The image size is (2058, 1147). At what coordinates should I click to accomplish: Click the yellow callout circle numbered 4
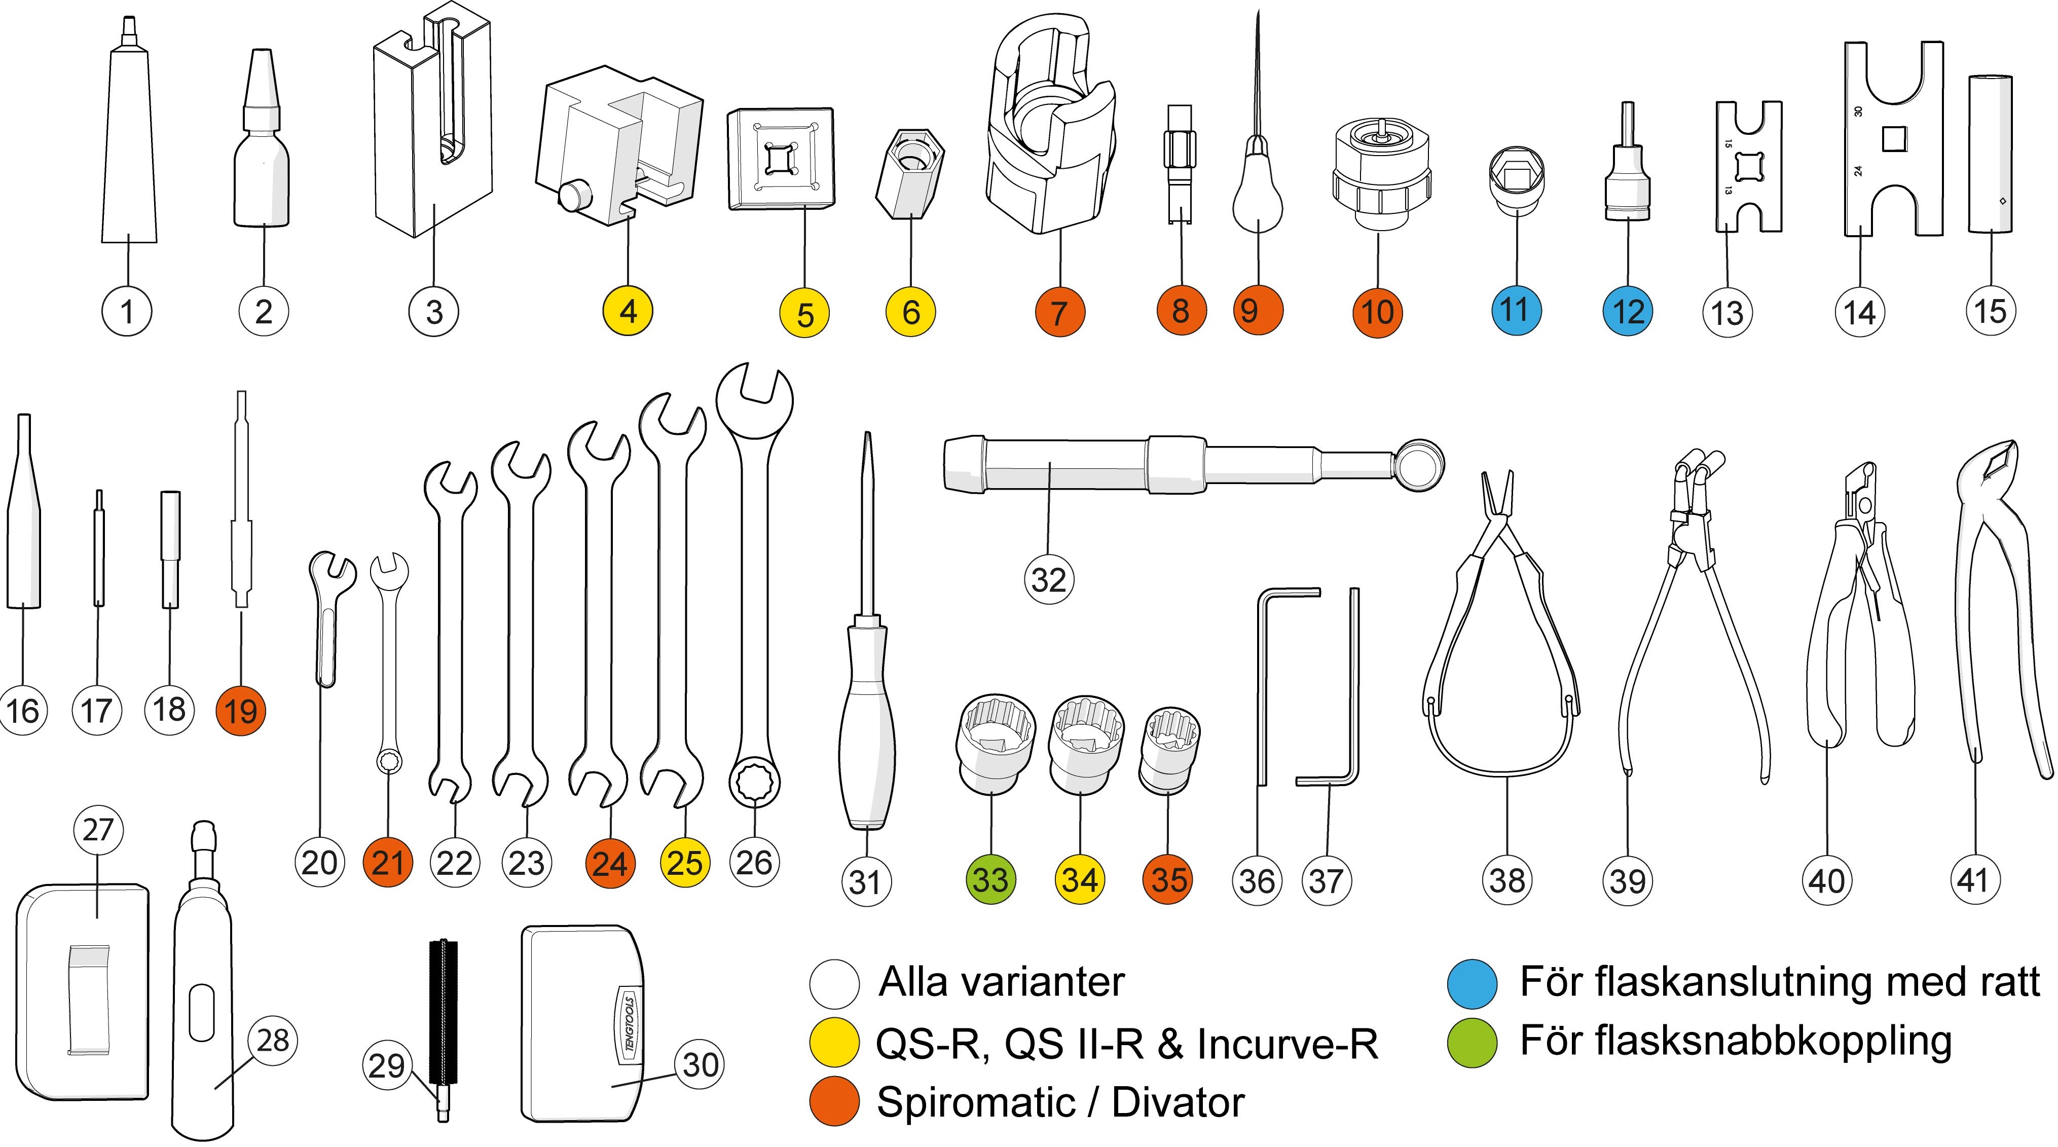(x=628, y=312)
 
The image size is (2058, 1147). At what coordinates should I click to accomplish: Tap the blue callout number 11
(x=1516, y=310)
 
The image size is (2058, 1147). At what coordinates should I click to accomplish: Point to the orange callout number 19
(x=240, y=710)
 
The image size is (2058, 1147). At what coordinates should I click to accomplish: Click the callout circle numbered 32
(x=1048, y=579)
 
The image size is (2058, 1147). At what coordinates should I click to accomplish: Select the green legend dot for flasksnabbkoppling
(x=1472, y=1043)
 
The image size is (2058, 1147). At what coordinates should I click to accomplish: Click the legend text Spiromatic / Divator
(x=1060, y=1103)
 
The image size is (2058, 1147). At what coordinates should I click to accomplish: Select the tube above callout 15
(x=1989, y=152)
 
